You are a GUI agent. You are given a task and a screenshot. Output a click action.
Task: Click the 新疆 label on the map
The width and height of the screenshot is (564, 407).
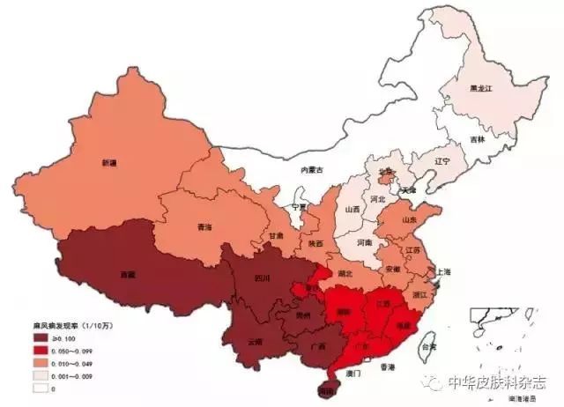109,163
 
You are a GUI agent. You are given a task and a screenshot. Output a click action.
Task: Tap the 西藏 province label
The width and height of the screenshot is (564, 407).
129,275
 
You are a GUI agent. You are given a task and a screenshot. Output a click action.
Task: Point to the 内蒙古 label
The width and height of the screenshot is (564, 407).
313,169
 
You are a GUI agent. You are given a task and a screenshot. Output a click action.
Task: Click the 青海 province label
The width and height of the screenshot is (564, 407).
204,226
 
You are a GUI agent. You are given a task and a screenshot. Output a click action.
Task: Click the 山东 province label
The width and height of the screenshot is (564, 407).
410,219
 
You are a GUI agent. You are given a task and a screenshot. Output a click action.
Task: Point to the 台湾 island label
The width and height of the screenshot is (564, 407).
428,347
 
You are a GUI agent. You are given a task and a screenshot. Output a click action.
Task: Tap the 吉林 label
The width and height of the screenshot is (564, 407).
477,138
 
